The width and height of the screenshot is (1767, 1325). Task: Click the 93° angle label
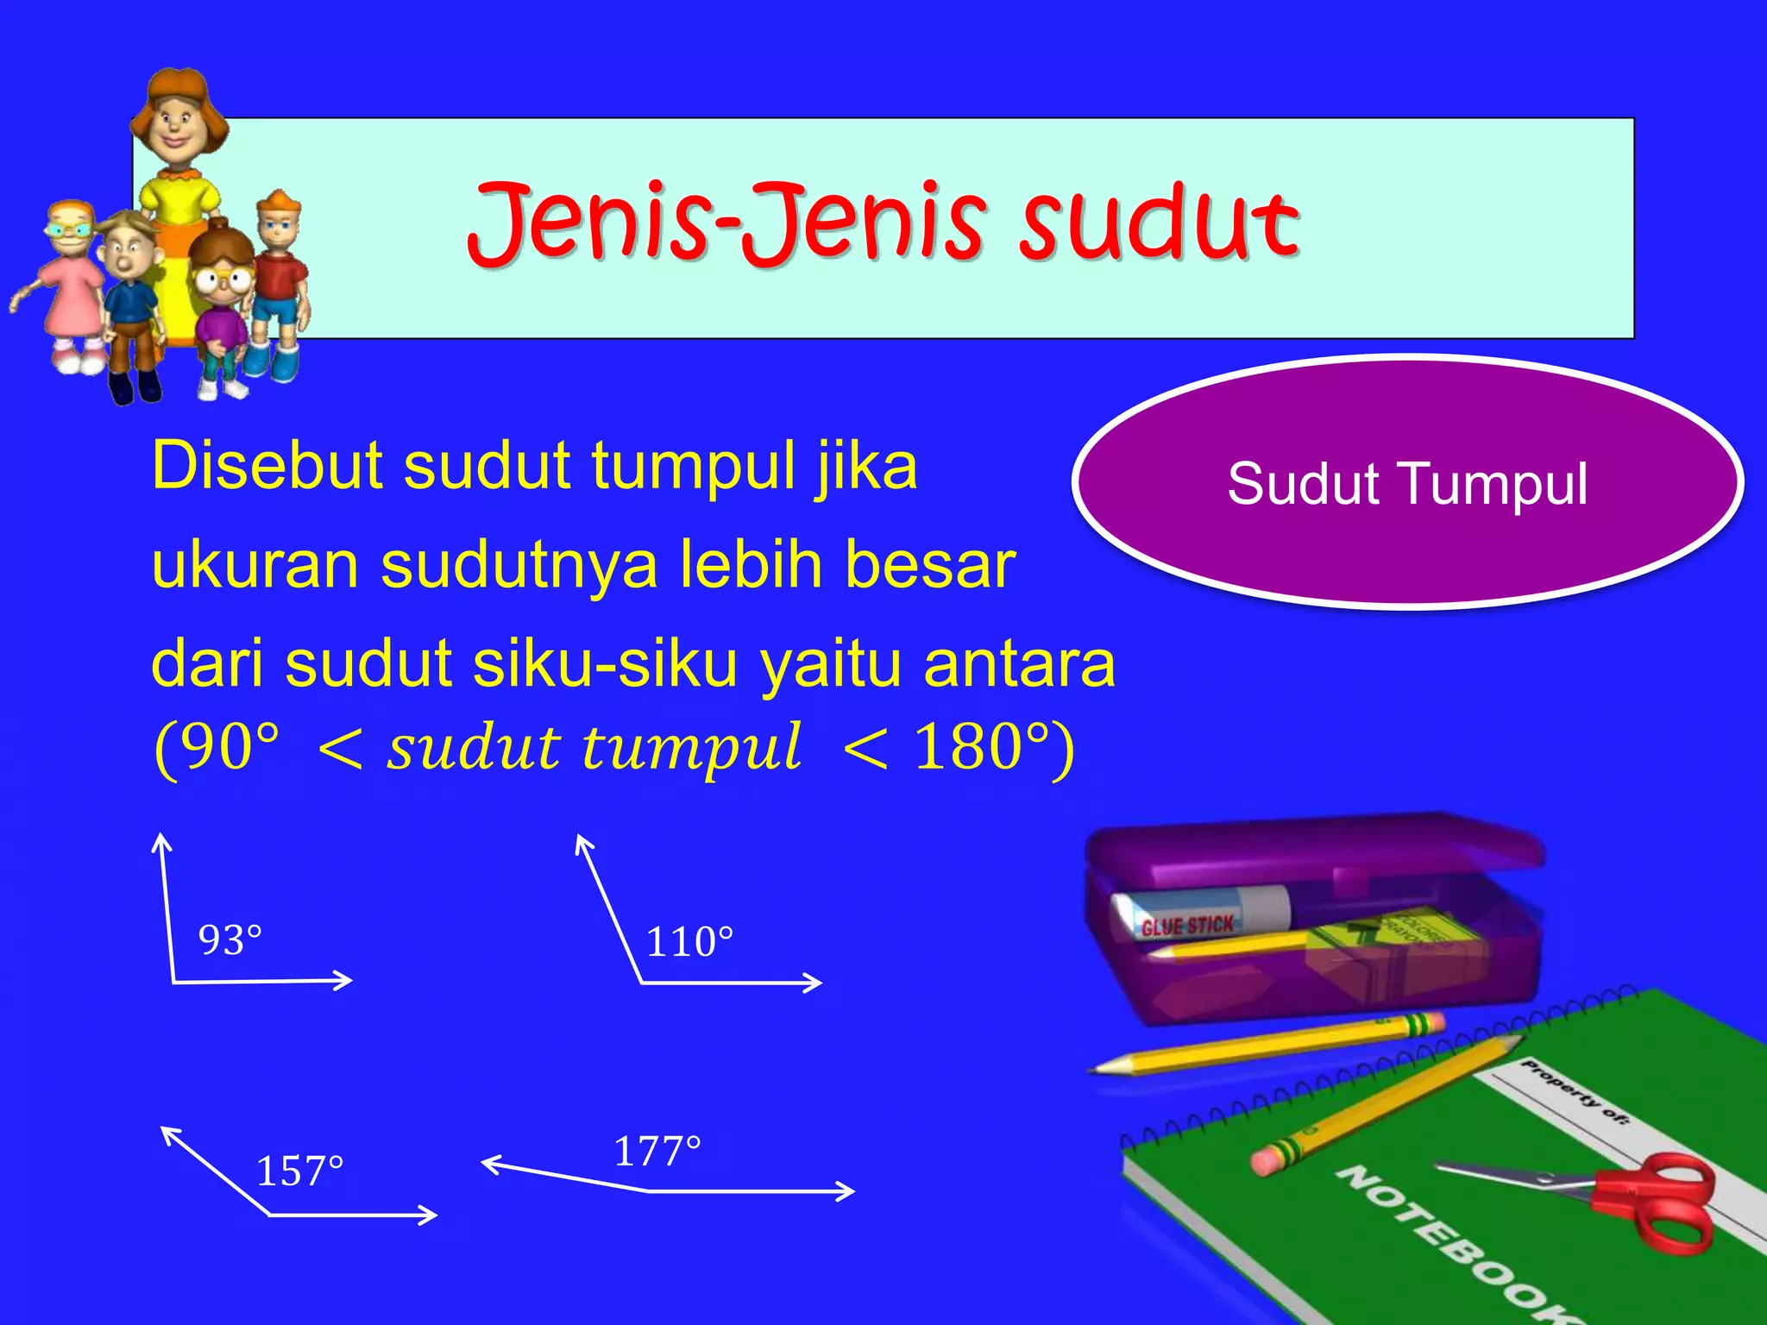click(x=230, y=940)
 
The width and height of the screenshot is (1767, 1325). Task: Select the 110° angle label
click(x=689, y=941)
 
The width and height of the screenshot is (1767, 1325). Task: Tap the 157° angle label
click(x=299, y=1171)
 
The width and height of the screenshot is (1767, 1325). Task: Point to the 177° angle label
click(x=657, y=1152)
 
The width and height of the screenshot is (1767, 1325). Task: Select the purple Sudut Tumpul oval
click(x=1406, y=483)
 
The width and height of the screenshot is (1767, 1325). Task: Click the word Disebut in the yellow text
click(x=266, y=467)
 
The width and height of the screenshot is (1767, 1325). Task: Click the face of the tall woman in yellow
click(x=177, y=121)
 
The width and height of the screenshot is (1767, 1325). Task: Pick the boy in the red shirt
click(x=278, y=276)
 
